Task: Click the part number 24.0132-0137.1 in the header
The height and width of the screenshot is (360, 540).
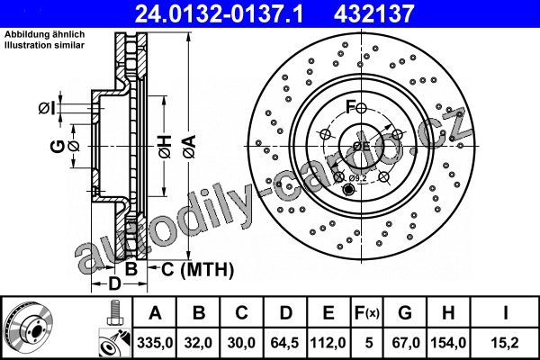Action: (x=219, y=13)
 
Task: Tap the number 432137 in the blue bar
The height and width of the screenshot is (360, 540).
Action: (x=373, y=13)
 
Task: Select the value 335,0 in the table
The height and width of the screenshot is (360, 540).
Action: (x=155, y=343)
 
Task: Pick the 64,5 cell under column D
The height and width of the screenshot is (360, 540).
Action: (x=284, y=343)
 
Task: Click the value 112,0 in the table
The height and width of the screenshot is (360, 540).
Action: (x=328, y=343)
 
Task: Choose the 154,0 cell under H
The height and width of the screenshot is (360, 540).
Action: (x=448, y=343)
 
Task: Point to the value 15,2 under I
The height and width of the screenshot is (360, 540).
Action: (x=506, y=343)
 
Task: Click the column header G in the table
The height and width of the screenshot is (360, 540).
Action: (x=405, y=313)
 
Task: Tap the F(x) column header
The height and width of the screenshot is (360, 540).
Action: (x=367, y=313)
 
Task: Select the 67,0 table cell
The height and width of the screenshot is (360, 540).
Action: (x=405, y=343)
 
